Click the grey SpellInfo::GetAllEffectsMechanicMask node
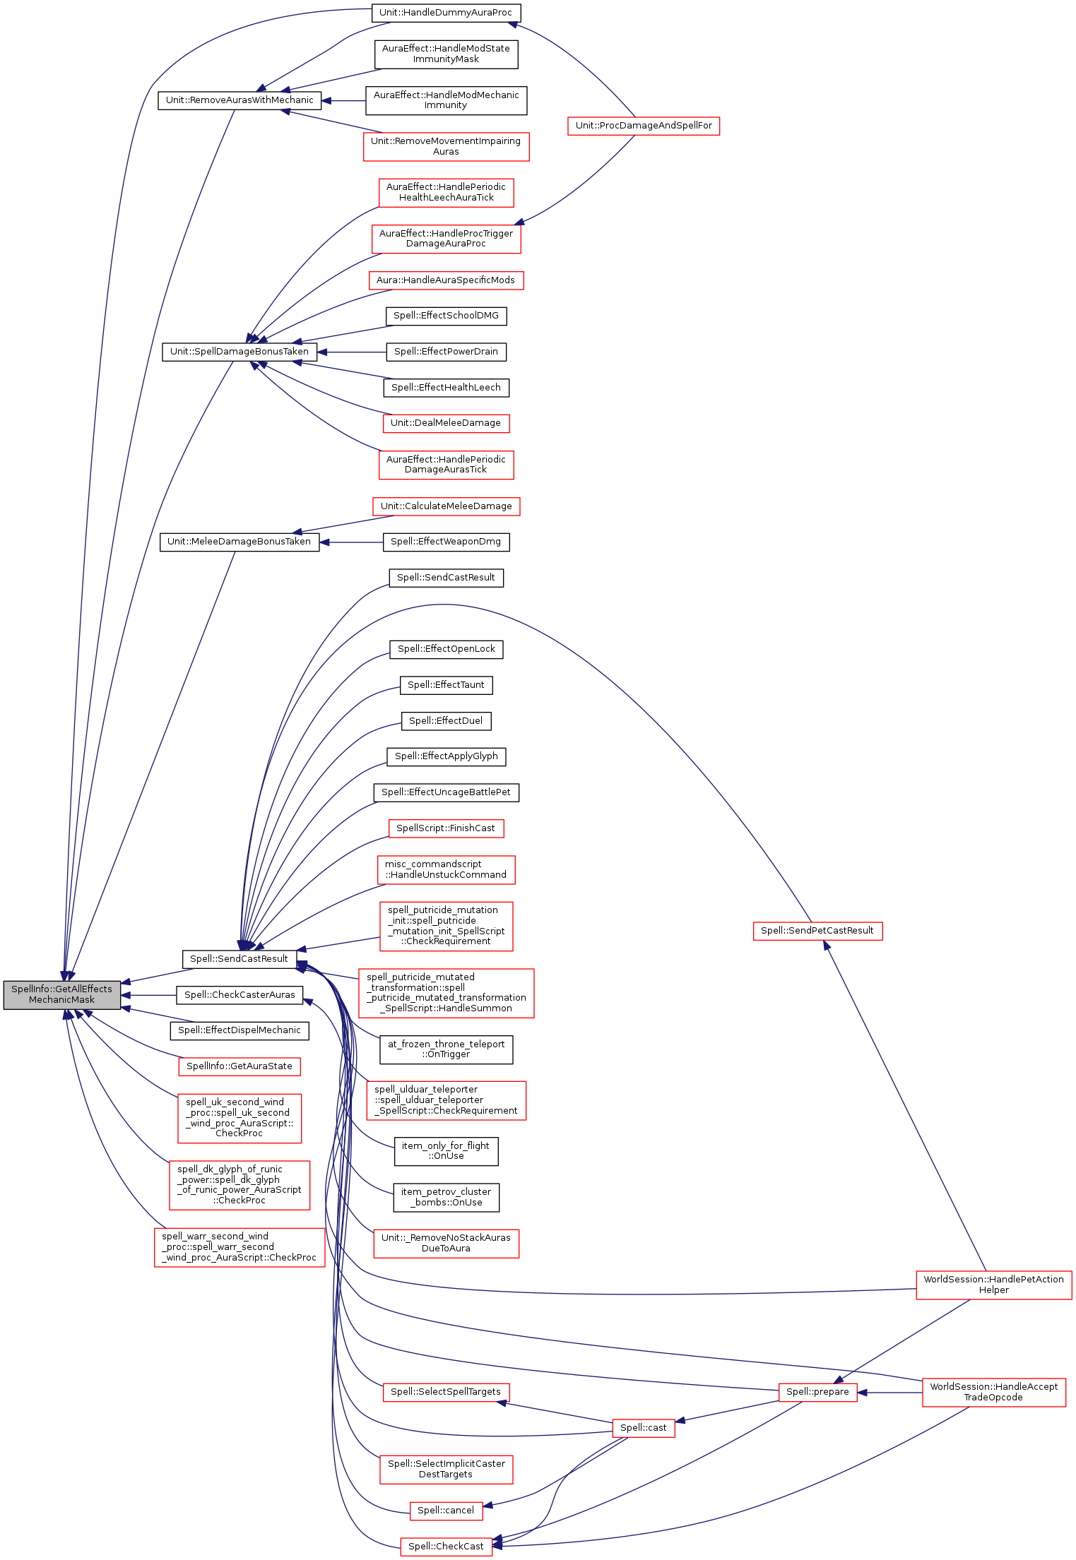coord(61,994)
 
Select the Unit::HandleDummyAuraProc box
coord(445,13)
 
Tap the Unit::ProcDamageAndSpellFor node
coord(643,126)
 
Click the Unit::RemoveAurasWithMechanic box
coord(240,100)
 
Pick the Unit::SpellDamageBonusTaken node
coord(240,352)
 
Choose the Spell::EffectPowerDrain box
coord(446,352)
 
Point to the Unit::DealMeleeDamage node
coord(445,423)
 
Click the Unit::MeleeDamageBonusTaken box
coord(240,542)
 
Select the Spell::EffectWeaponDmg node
coord(446,542)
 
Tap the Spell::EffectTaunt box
coord(446,685)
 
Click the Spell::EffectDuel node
coord(446,721)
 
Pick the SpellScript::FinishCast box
coord(446,828)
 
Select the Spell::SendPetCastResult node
coord(817,931)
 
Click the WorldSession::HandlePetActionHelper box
coord(993,1285)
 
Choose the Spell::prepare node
coord(817,1392)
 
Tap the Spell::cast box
coord(643,1428)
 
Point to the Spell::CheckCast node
coord(446,1547)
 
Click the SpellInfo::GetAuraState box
coord(240,1066)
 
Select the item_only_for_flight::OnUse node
coord(446,1151)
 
